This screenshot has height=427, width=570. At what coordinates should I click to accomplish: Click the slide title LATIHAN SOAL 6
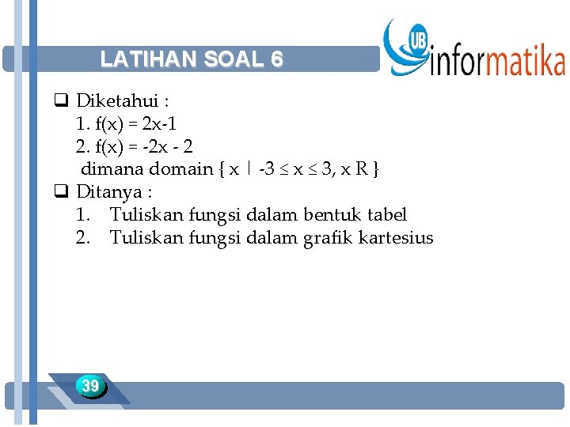[192, 59]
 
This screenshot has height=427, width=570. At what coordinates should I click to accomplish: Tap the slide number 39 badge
[91, 386]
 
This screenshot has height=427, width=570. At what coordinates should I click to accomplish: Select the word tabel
[388, 214]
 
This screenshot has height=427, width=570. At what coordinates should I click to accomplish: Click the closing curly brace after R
[376, 169]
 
